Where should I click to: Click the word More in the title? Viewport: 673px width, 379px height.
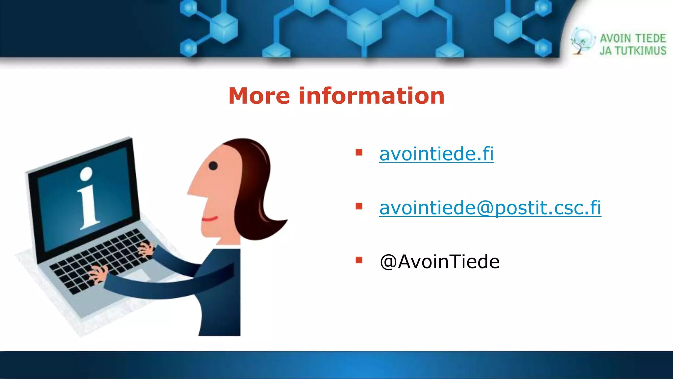259,96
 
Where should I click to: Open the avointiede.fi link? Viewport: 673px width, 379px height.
436,154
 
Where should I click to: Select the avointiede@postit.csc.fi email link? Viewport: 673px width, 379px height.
490,208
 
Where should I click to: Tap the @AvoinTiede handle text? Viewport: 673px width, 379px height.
439,262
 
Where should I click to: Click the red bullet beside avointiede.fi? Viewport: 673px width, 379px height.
359,152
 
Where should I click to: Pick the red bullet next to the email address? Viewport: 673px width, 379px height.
359,206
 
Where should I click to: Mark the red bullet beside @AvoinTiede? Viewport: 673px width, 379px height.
359,260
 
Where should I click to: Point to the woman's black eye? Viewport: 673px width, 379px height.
213,165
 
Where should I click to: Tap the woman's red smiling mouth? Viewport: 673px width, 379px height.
209,219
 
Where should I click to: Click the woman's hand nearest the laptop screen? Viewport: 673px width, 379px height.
146,248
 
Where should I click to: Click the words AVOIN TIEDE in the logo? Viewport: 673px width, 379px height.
633,38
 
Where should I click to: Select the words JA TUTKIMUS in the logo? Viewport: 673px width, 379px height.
633,51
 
